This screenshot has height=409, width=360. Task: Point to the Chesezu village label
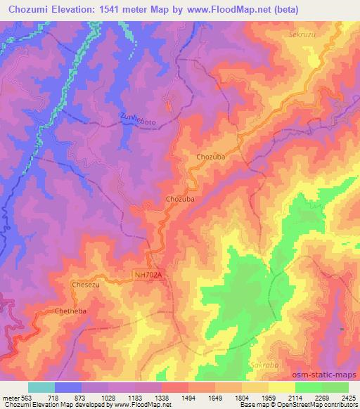coord(85,285)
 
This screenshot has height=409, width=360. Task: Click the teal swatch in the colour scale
coord(41,387)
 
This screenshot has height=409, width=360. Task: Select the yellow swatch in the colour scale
coord(281,387)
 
